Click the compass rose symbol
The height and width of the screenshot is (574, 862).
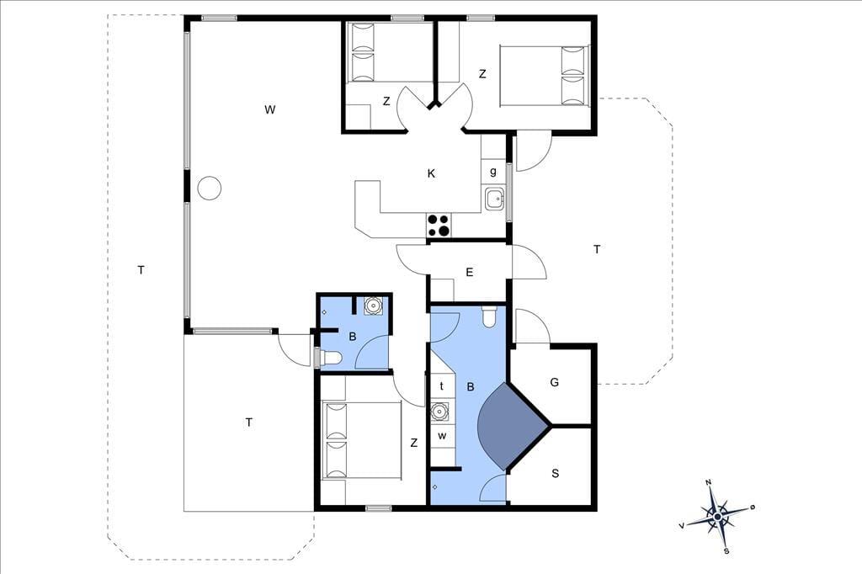point(718,517)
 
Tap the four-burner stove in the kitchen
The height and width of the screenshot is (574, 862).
point(439,226)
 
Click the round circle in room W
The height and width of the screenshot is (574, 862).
point(209,188)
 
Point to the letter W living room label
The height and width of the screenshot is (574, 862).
point(269,109)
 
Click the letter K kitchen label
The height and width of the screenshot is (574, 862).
point(431,173)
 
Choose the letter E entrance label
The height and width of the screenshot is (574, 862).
point(470,272)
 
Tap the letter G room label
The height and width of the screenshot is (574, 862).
point(554,382)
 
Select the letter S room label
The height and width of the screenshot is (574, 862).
point(556,473)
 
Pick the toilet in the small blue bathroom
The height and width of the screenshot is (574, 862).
point(329,359)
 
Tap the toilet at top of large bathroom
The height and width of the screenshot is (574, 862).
point(489,316)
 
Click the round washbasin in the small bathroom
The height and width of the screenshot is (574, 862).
point(374,306)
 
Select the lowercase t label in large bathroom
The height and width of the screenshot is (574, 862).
point(441,386)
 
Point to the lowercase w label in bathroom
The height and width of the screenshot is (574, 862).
point(442,437)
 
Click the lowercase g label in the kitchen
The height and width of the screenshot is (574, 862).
point(493,171)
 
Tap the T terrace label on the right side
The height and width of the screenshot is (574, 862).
point(597,250)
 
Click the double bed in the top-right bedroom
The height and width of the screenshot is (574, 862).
point(544,75)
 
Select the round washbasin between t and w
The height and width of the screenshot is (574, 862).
point(439,412)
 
